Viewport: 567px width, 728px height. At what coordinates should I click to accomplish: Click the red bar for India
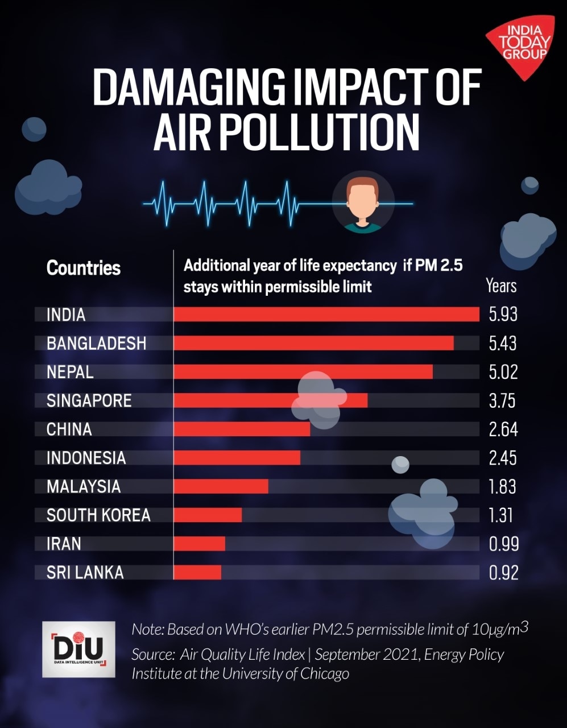pyautogui.click(x=326, y=314)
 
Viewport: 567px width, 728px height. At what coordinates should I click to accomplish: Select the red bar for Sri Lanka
pyautogui.click(x=197, y=572)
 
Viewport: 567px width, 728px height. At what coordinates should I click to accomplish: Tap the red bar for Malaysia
pyautogui.click(x=221, y=486)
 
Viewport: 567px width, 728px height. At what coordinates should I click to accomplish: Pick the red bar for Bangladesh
pyautogui.click(x=313, y=343)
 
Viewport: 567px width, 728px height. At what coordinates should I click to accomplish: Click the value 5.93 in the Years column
pyautogui.click(x=503, y=314)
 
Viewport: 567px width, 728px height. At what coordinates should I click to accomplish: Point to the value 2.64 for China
pyautogui.click(x=503, y=429)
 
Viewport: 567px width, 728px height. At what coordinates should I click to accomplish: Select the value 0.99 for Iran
pyautogui.click(x=503, y=544)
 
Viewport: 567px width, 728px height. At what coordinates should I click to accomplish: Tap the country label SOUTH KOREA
pyautogui.click(x=98, y=515)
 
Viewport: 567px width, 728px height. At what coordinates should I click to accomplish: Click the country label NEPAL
pyautogui.click(x=70, y=372)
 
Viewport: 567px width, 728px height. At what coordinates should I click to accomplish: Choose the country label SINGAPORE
pyautogui.click(x=89, y=400)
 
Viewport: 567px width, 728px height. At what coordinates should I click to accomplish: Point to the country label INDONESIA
pyautogui.click(x=86, y=458)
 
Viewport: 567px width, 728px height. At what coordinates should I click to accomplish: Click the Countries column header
pyautogui.click(x=84, y=268)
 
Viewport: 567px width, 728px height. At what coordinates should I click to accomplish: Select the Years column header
pyautogui.click(x=501, y=285)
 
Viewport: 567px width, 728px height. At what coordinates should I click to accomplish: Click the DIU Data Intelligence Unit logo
pyautogui.click(x=78, y=649)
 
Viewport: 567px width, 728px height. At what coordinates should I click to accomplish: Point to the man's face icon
pyautogui.click(x=362, y=202)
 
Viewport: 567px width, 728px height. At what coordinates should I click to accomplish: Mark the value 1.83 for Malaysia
pyautogui.click(x=502, y=486)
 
